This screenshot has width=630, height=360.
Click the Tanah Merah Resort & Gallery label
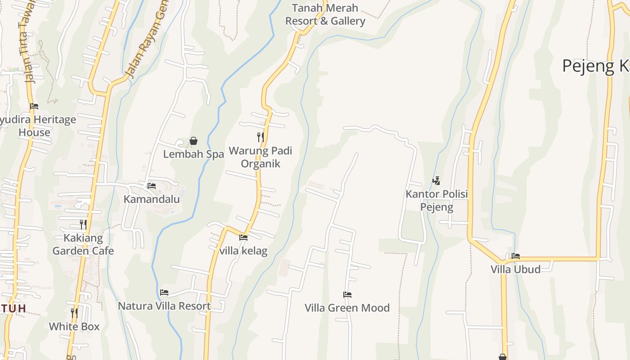(325, 14)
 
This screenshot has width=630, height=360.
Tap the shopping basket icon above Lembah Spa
(193, 141)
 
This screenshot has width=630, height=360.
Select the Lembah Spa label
(193, 154)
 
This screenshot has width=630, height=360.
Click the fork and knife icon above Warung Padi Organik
(261, 137)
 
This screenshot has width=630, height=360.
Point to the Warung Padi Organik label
(261, 157)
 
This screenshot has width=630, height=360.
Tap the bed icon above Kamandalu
(152, 185)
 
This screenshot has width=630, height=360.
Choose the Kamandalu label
(152, 199)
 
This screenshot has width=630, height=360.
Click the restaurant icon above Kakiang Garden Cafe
(83, 224)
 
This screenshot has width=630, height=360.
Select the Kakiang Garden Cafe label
(83, 244)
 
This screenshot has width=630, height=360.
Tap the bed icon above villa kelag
(243, 238)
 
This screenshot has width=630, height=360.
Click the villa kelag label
(243, 251)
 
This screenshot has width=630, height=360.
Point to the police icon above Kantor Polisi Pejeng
(436, 181)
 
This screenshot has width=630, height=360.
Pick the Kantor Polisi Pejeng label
(437, 201)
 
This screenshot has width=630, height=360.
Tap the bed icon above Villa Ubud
(516, 256)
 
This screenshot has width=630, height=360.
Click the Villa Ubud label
(516, 270)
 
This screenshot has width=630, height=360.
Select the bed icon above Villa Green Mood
(347, 295)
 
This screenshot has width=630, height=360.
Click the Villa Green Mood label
(347, 308)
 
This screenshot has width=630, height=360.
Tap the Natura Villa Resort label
(164, 306)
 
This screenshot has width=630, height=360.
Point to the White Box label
(74, 327)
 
